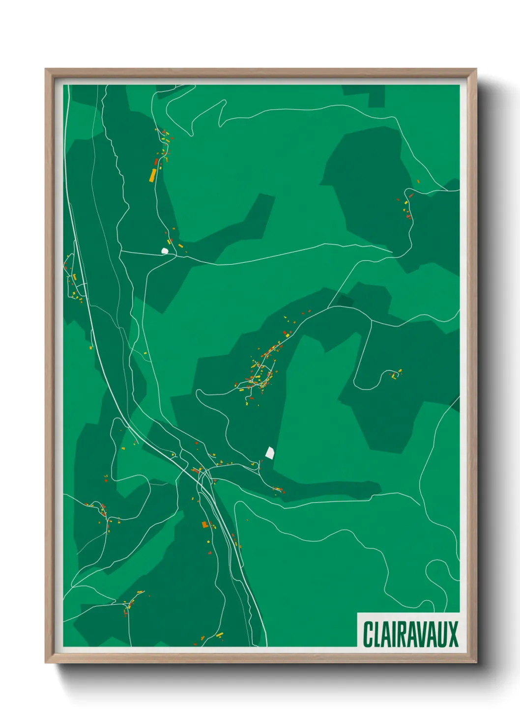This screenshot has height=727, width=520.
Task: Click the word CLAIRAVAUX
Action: pyautogui.click(x=410, y=634)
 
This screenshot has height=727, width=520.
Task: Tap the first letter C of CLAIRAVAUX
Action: pyautogui.click(x=368, y=634)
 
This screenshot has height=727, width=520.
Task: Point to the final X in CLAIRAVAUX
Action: pyautogui.click(x=453, y=634)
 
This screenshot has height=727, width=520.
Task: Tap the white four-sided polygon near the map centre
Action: pyautogui.click(x=269, y=452)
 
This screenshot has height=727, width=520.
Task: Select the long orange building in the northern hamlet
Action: pyautogui.click(x=153, y=175)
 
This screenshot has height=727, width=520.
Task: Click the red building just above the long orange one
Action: pyautogui.click(x=156, y=161)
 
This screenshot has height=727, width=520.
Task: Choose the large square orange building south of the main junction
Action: pyautogui.click(x=204, y=525)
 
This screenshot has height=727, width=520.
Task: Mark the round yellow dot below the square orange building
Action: pyautogui.click(x=208, y=541)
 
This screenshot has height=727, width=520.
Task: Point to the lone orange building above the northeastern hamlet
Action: pyautogui.click(x=418, y=182)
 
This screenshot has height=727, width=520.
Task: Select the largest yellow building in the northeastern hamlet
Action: pyautogui.click(x=405, y=202)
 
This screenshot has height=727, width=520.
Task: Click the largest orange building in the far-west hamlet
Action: pyautogui.click(x=74, y=277)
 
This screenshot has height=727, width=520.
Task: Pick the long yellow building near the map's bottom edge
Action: pyautogui.click(x=219, y=635)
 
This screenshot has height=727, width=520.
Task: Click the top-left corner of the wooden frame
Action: pyautogui.click(x=46, y=69)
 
